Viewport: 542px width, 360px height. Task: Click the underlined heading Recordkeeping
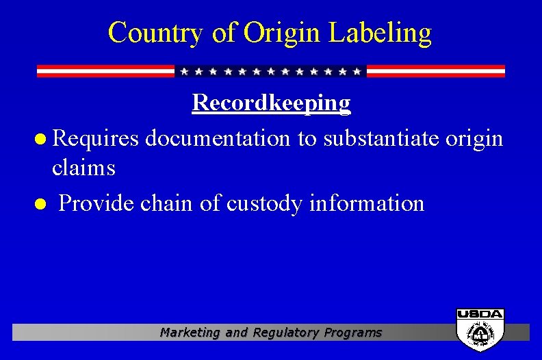click(271, 103)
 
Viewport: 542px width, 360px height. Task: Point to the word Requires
click(96, 139)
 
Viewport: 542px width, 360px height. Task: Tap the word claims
click(83, 167)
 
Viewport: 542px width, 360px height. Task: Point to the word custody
click(268, 203)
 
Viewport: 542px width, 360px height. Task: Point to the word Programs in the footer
click(354, 333)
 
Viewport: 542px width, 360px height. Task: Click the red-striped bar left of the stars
click(105, 71)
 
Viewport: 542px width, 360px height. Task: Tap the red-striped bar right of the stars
click(436, 71)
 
